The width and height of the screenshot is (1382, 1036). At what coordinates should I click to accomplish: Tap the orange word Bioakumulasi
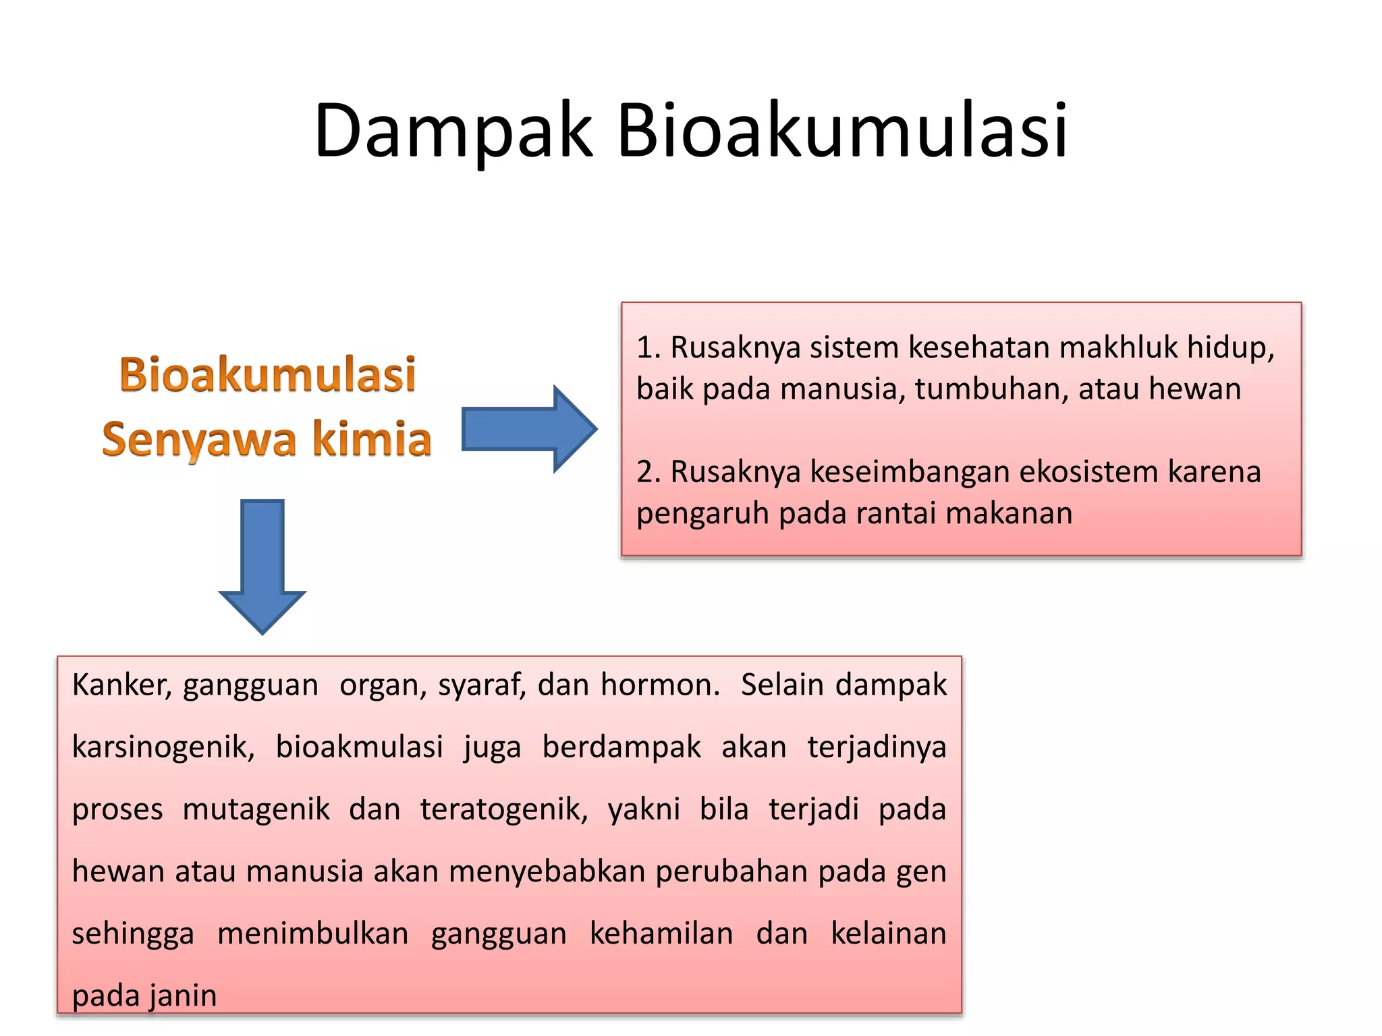(x=267, y=374)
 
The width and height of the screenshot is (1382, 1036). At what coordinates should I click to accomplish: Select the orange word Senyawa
(x=199, y=440)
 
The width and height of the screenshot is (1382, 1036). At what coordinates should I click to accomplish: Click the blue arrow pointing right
(x=529, y=429)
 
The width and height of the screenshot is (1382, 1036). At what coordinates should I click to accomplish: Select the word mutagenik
(x=256, y=809)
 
